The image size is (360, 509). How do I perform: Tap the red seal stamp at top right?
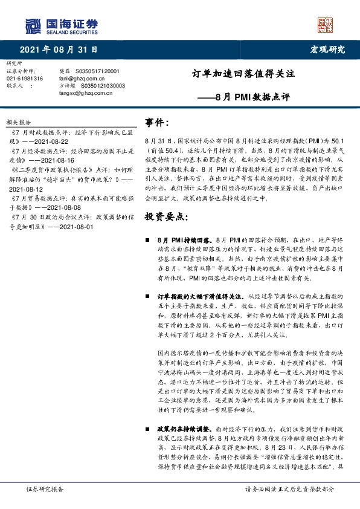(325, 24)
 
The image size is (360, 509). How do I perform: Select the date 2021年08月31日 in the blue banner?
(59, 49)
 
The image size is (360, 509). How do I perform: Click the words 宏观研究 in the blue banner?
(327, 49)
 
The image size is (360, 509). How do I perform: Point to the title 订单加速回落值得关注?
(247, 74)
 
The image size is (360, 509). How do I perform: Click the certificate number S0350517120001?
(101, 71)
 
